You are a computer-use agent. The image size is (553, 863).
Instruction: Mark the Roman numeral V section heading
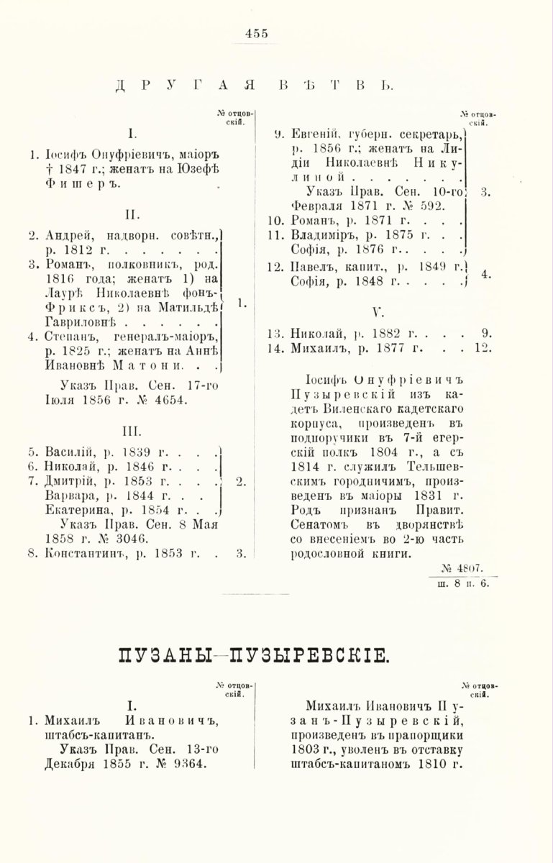tap(375, 312)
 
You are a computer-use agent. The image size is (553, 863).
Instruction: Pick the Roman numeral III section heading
tap(131, 433)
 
